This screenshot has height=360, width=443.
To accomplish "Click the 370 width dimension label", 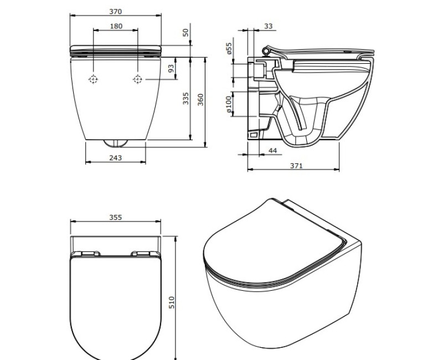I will coord(115,11).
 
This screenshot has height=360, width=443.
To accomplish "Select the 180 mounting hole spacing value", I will coord(116,26).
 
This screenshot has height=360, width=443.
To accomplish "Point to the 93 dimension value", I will coord(171,69).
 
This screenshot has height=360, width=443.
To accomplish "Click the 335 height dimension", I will coord(186,98).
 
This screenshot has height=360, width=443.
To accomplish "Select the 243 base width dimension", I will coord(116,158).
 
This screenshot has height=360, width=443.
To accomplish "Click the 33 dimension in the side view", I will coord(268,26).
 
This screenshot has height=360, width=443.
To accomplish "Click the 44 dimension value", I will coord(272,151).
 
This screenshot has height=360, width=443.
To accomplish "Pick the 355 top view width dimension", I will coord(115,218).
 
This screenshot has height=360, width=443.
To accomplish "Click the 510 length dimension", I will coord(171,302).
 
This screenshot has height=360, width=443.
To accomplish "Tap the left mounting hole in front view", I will coord(94,80).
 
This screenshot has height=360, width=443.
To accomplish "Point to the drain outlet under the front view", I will coord(116,143).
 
